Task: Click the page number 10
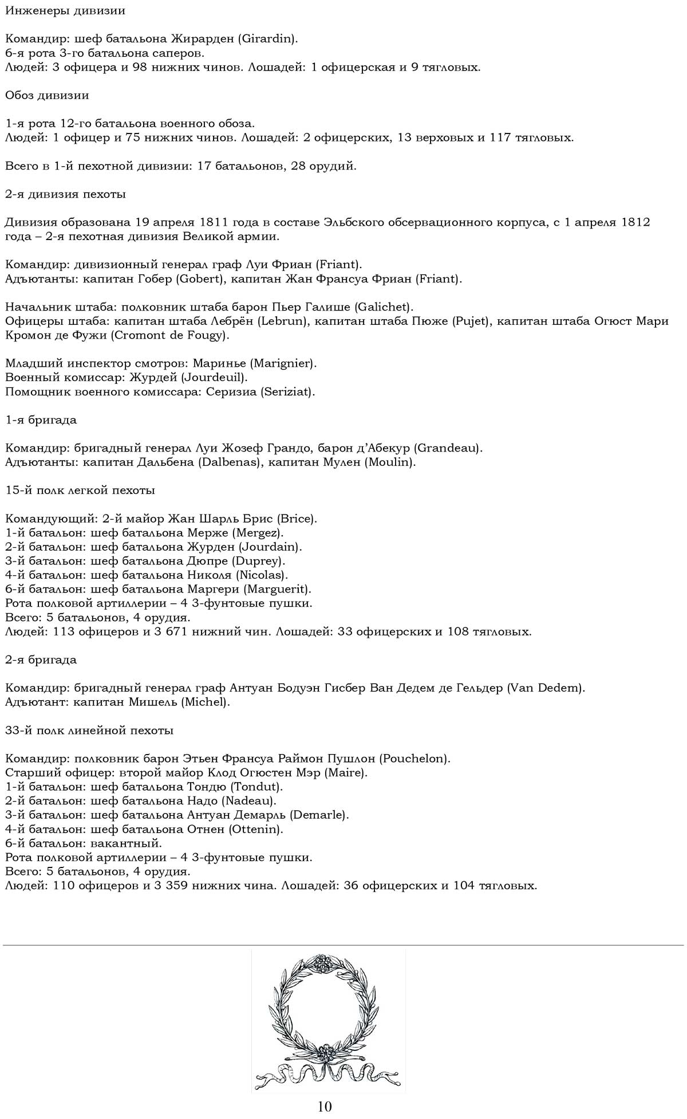click(x=325, y=1106)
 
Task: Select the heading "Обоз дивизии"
click(x=47, y=95)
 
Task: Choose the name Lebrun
click(x=283, y=321)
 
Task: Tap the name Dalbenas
click(x=228, y=462)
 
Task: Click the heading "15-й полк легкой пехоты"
click(x=80, y=490)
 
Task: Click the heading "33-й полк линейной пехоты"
click(x=89, y=731)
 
